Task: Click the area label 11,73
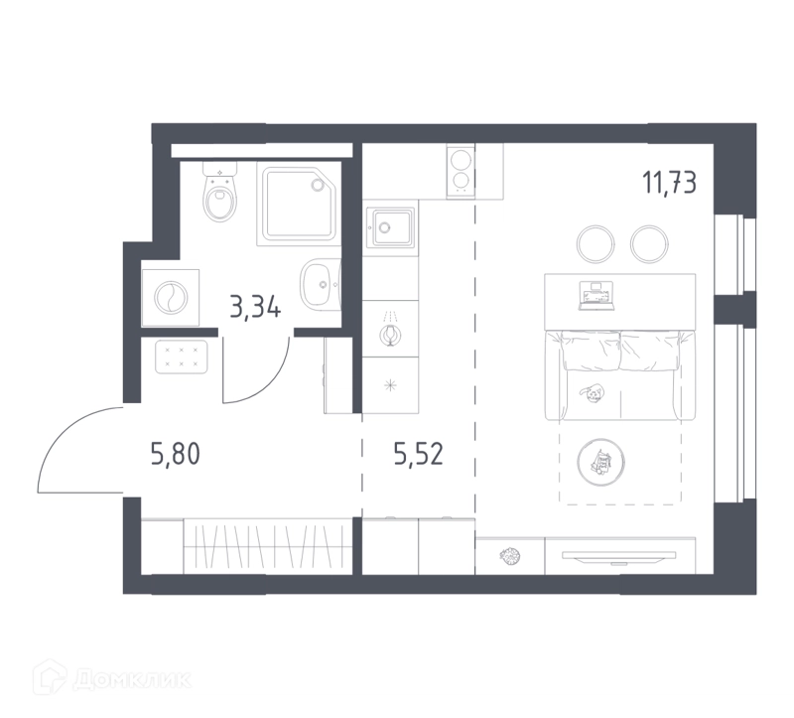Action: tap(669, 183)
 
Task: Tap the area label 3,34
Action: tap(255, 307)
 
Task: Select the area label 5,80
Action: tap(176, 454)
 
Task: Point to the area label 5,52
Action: tap(418, 454)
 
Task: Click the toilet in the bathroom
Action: tap(220, 192)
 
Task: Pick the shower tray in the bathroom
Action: tap(299, 204)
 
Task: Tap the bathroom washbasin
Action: tap(321, 284)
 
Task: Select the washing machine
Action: tap(171, 298)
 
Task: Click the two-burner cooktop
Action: tap(461, 171)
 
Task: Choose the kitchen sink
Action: tap(390, 227)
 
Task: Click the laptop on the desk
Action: tap(596, 296)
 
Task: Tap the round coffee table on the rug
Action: tap(600, 462)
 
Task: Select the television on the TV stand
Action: tap(618, 556)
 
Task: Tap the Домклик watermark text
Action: tap(132, 680)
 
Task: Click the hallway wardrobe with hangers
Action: tap(267, 546)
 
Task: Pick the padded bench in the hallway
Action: tap(182, 358)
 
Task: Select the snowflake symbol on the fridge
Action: tap(390, 385)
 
